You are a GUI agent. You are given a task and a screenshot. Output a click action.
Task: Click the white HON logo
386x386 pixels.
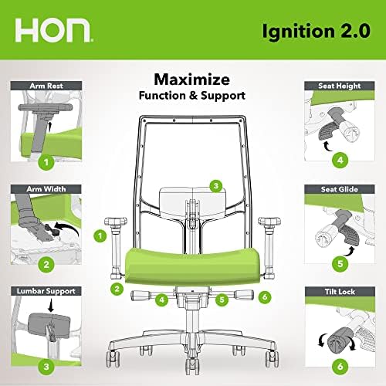point(52,30)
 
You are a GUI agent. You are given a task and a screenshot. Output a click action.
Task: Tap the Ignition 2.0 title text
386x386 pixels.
point(317,32)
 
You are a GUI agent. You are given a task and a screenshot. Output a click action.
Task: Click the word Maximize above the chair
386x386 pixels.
point(191,80)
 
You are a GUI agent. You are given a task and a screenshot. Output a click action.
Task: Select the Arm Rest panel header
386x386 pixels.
point(46,86)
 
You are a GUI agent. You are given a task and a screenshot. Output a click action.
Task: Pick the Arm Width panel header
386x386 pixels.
point(46,189)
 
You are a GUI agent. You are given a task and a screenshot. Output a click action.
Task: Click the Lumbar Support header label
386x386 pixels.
point(46,291)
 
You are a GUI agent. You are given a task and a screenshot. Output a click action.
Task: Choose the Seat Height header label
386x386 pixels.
point(340,86)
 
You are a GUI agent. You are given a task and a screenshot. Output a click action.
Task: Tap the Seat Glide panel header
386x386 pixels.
point(340,189)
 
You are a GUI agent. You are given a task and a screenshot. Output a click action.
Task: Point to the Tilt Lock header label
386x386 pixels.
point(340,292)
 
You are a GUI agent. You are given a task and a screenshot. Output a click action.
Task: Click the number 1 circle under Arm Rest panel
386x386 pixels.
point(46,162)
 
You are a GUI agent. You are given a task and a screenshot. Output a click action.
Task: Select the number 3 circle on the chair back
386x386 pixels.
point(216,186)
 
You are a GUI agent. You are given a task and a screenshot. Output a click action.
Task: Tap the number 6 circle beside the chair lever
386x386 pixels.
point(265,297)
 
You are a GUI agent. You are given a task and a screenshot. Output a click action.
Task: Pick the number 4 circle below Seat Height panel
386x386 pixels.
point(340,160)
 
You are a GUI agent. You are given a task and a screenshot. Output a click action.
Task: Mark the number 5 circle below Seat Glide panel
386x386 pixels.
point(340,263)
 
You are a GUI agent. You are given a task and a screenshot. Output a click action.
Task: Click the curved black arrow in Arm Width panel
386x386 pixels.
point(67,228)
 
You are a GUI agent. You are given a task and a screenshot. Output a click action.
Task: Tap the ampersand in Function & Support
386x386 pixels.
point(193,96)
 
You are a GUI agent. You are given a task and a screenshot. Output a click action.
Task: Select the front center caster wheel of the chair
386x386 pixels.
point(192,366)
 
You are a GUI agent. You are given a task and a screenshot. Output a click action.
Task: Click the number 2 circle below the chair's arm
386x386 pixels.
point(117,289)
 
